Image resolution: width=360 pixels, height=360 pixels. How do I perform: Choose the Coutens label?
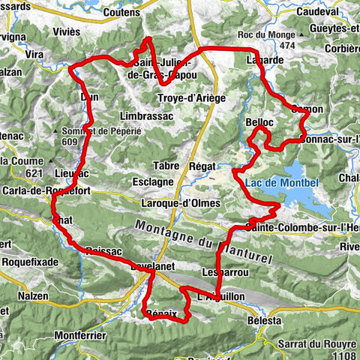117,12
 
